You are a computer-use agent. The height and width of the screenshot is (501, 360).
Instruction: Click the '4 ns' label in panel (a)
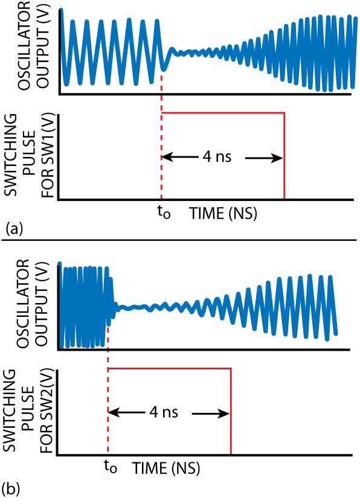[x=217, y=157]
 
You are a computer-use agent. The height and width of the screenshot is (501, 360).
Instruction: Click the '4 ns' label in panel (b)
[x=163, y=412]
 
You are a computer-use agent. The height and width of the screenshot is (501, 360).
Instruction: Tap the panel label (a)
[x=14, y=229]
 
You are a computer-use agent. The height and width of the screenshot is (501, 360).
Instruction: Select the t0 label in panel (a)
[x=164, y=212]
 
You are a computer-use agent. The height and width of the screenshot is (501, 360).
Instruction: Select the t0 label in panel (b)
[x=111, y=467]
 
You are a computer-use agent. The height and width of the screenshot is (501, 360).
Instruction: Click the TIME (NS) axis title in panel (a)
[x=223, y=214]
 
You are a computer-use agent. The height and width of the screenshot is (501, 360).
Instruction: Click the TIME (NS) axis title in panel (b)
[x=166, y=469]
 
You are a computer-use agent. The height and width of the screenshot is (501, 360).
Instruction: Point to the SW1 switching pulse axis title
[x=29, y=156]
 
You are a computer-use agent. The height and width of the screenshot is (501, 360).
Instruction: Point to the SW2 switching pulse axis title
[x=28, y=411]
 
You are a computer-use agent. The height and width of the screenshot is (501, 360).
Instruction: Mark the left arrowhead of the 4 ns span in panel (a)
[x=167, y=157]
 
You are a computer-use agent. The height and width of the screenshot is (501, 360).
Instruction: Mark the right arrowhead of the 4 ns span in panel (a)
[x=277, y=158]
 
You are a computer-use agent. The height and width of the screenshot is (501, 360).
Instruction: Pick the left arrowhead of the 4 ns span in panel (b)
[x=113, y=412]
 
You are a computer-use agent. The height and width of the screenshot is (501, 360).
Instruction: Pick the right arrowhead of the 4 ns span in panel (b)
[x=223, y=413]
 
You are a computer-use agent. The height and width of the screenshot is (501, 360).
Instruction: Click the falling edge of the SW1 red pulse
[x=284, y=156]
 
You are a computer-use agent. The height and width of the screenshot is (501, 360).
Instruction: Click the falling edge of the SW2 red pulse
[x=231, y=411]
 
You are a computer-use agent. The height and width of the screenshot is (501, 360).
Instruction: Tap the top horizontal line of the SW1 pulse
[x=223, y=113]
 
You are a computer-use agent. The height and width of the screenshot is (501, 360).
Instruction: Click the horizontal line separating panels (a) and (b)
[x=179, y=248]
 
